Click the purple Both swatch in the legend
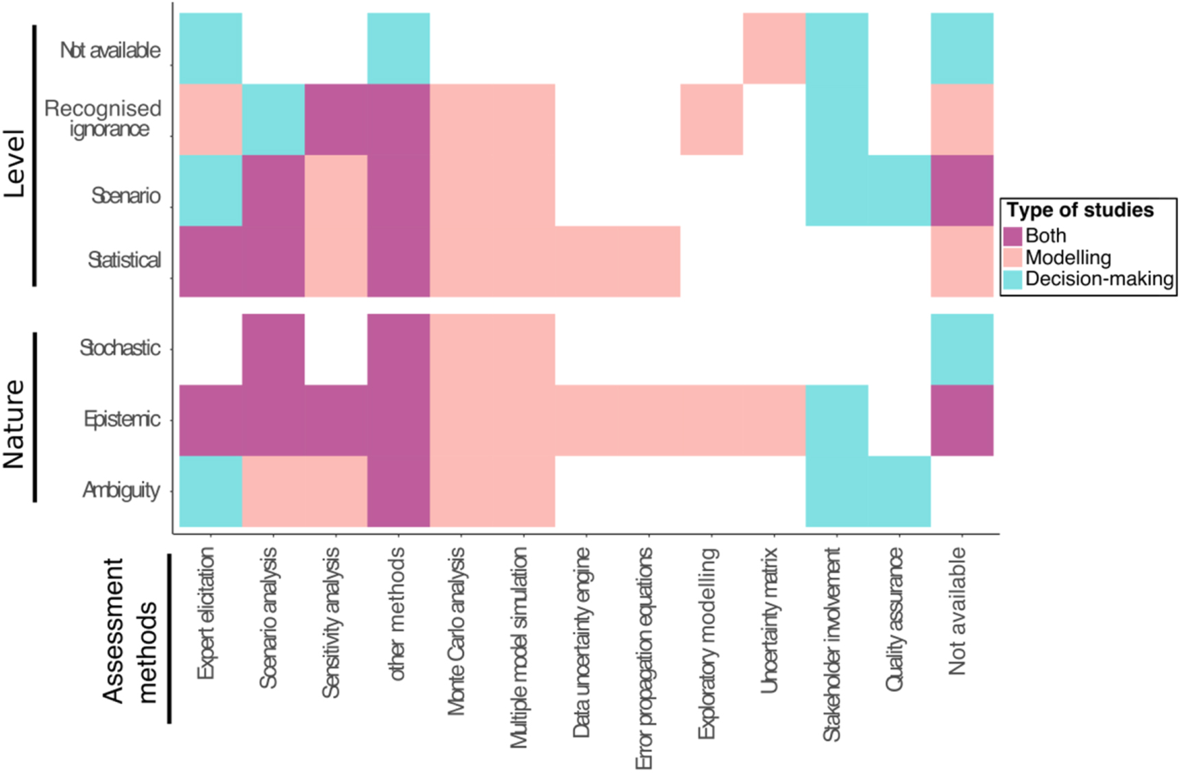click(1012, 236)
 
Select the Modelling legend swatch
click(1012, 258)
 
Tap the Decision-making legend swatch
click(1012, 279)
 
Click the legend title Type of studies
click(1080, 210)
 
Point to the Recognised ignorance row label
click(103, 119)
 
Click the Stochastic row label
click(120, 348)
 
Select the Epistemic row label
click(122, 419)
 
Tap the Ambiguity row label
click(121, 490)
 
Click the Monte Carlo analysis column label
click(457, 631)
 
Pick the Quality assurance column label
click(895, 619)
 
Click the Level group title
click(14, 163)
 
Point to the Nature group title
click(14, 424)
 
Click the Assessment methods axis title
click(130, 631)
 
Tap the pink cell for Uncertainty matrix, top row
click(774, 48)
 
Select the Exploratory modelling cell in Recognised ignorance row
click(712, 119)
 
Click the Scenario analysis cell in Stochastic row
click(274, 349)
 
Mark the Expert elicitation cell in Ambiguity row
click(210, 491)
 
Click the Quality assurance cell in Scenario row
click(899, 191)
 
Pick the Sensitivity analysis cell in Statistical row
click(336, 261)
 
